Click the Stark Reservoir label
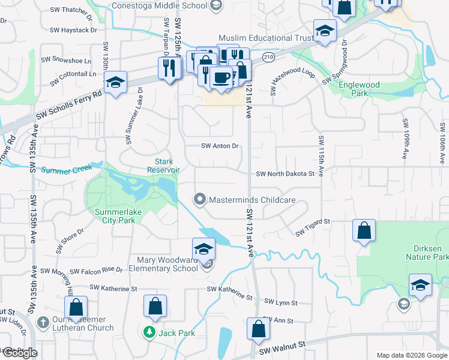pyautogui.click(x=164, y=166)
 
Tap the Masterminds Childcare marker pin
pyautogui.click(x=200, y=199)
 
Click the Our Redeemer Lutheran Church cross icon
pyautogui.click(x=43, y=323)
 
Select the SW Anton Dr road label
pyautogui.click(x=220, y=146)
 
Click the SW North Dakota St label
pyautogui.click(x=285, y=174)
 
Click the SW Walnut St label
pyautogui.click(x=282, y=349)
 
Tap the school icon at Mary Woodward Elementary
pyautogui.click(x=204, y=248)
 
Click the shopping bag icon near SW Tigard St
pyautogui.click(x=364, y=231)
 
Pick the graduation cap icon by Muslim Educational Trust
pyautogui.click(x=325, y=31)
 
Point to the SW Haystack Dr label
pyautogui.click(x=73, y=29)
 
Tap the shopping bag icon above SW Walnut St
pyautogui.click(x=258, y=329)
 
